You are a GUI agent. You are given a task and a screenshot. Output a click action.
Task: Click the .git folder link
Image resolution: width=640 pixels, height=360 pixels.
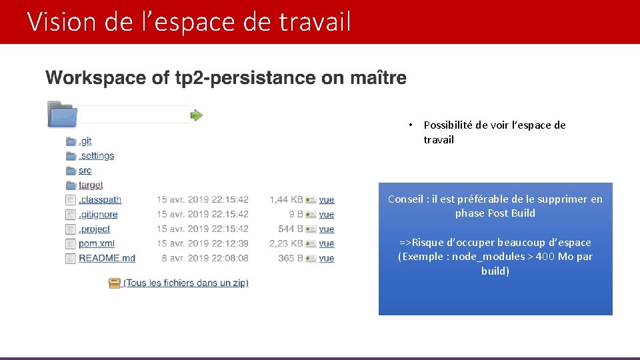(85, 141)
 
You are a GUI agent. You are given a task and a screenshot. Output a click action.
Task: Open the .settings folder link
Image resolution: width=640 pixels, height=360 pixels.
(96, 156)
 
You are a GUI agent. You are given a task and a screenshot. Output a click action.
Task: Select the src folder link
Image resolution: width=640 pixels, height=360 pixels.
(85, 171)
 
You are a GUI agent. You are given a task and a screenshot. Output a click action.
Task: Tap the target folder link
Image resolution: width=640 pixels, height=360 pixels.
(91, 185)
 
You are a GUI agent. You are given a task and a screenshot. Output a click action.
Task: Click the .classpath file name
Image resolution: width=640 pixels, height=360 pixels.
(100, 200)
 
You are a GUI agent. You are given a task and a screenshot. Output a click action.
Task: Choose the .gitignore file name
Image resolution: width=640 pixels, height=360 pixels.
(98, 215)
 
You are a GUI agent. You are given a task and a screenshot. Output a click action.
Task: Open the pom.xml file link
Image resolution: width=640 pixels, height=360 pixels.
(96, 244)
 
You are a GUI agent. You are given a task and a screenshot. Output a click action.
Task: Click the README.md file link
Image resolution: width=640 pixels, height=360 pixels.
(107, 259)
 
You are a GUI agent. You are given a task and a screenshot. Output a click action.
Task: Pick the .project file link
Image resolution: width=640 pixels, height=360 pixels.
(94, 229)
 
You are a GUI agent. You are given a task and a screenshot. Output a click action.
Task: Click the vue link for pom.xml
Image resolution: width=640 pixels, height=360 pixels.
(327, 244)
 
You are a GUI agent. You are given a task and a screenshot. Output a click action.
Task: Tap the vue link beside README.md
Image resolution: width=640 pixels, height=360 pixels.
(327, 259)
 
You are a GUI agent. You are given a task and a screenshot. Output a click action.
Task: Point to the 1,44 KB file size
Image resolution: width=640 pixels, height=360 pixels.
(286, 200)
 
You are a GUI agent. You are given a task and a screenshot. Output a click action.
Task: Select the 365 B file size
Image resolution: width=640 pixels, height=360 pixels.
(291, 259)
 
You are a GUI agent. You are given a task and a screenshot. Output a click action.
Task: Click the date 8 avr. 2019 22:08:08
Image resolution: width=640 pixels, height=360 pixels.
(205, 259)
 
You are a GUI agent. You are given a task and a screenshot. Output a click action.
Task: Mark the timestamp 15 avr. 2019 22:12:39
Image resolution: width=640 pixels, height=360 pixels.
(202, 244)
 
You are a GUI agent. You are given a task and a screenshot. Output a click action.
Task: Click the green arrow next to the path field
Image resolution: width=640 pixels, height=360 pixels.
(197, 115)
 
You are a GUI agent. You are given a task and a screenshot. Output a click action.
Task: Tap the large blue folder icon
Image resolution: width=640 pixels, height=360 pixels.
(62, 114)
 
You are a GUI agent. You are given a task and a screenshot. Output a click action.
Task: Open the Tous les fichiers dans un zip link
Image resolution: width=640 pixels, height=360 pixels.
(186, 283)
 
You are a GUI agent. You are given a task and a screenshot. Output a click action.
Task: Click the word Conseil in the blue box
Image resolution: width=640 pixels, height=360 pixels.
(405, 199)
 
